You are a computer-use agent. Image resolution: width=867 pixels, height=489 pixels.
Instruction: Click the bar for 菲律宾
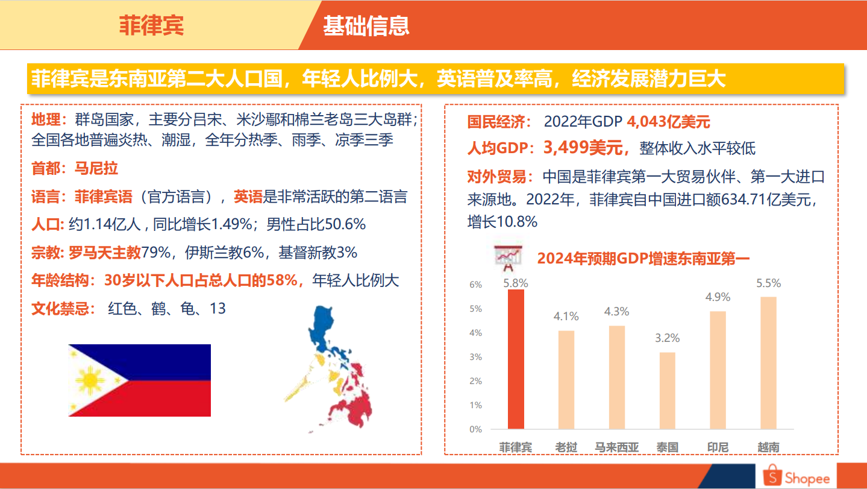[x=516, y=359]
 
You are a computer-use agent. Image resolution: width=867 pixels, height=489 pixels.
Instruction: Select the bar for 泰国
[x=668, y=391]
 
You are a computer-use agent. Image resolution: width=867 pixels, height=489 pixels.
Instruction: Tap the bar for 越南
[x=768, y=363]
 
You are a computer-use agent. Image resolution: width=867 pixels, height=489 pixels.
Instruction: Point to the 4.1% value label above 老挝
[x=566, y=316]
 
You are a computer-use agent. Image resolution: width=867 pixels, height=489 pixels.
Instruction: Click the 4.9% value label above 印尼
[x=718, y=297]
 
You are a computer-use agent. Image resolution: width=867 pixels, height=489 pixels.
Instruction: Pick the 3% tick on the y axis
[x=476, y=357]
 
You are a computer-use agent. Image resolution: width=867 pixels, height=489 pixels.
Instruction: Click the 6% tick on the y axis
[x=476, y=285]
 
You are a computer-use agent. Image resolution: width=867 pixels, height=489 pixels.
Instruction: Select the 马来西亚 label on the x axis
[x=616, y=447]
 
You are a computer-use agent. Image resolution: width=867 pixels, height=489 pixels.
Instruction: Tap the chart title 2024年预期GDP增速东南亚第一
[x=643, y=259]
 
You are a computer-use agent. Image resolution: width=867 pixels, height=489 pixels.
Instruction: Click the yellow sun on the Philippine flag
[x=90, y=380]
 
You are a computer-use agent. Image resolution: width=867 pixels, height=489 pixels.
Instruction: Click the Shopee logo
[x=796, y=476]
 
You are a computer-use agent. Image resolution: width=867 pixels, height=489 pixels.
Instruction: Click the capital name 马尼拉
[x=96, y=168]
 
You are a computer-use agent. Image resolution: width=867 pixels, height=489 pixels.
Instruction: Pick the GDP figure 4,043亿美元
[x=668, y=122]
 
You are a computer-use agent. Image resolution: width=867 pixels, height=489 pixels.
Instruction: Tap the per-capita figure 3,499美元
[x=583, y=148]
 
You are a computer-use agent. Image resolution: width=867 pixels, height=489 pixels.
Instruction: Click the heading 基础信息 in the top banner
[x=366, y=26]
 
